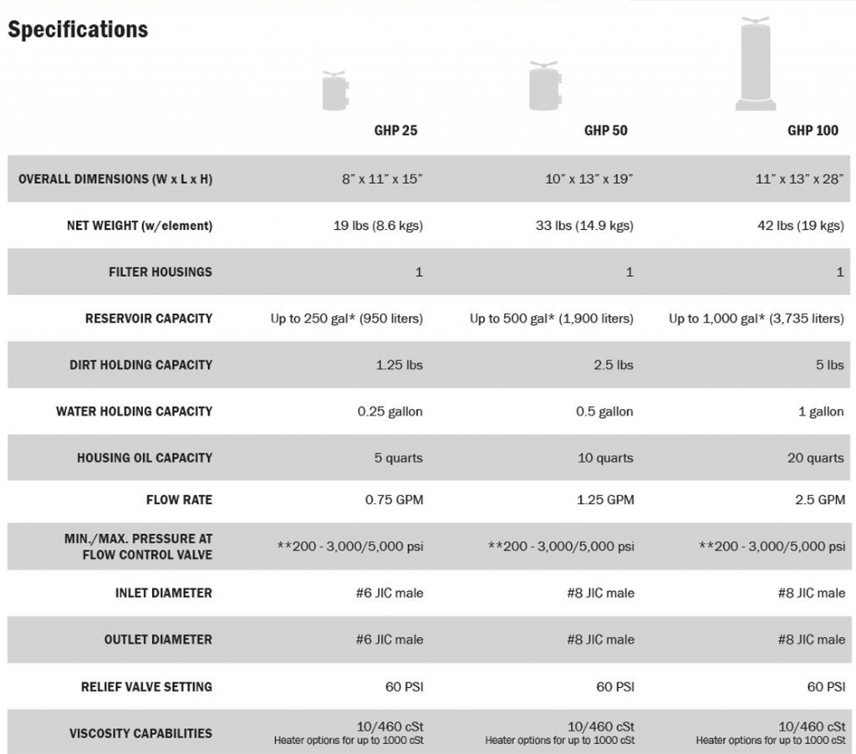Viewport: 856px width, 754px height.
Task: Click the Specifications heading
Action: pos(78,30)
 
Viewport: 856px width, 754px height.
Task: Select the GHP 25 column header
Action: pos(395,130)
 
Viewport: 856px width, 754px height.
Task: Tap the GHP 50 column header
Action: pos(605,130)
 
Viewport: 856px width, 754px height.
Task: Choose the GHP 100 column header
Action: pos(813,130)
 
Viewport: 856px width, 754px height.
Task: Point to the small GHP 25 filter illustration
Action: pos(335,90)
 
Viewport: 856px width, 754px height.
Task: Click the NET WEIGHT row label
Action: pos(140,226)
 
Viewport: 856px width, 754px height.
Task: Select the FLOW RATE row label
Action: pos(179,500)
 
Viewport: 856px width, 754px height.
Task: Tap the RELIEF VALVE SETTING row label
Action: pos(146,687)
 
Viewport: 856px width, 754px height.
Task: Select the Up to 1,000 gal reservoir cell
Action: pos(756,318)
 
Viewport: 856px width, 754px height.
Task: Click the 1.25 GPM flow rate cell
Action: pos(605,500)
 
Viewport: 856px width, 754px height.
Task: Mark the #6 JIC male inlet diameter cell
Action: pos(390,593)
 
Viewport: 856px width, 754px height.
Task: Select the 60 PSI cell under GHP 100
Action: pos(826,687)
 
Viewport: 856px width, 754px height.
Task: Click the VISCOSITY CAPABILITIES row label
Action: pos(140,734)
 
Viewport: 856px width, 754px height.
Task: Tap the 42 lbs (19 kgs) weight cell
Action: pos(800,226)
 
